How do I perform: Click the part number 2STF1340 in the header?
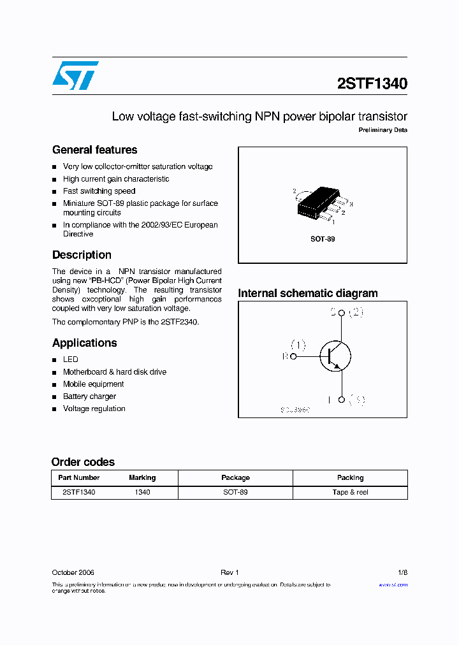point(372,83)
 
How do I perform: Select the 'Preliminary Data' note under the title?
point(382,130)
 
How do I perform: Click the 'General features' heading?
point(94,150)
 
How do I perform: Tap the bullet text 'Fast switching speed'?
point(99,191)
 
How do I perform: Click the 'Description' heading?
point(82,255)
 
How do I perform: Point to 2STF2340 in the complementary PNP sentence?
point(180,322)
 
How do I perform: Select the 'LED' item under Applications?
point(70,359)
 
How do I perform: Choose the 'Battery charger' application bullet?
point(89,396)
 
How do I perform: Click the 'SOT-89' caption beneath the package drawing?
point(323,239)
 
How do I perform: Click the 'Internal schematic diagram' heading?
point(307,293)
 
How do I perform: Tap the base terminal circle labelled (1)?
point(293,357)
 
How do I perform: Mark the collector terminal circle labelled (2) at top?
point(342,313)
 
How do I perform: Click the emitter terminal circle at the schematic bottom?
point(342,400)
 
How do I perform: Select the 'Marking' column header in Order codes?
point(142,477)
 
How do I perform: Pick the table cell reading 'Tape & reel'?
point(350,492)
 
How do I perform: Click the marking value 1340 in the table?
point(142,492)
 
